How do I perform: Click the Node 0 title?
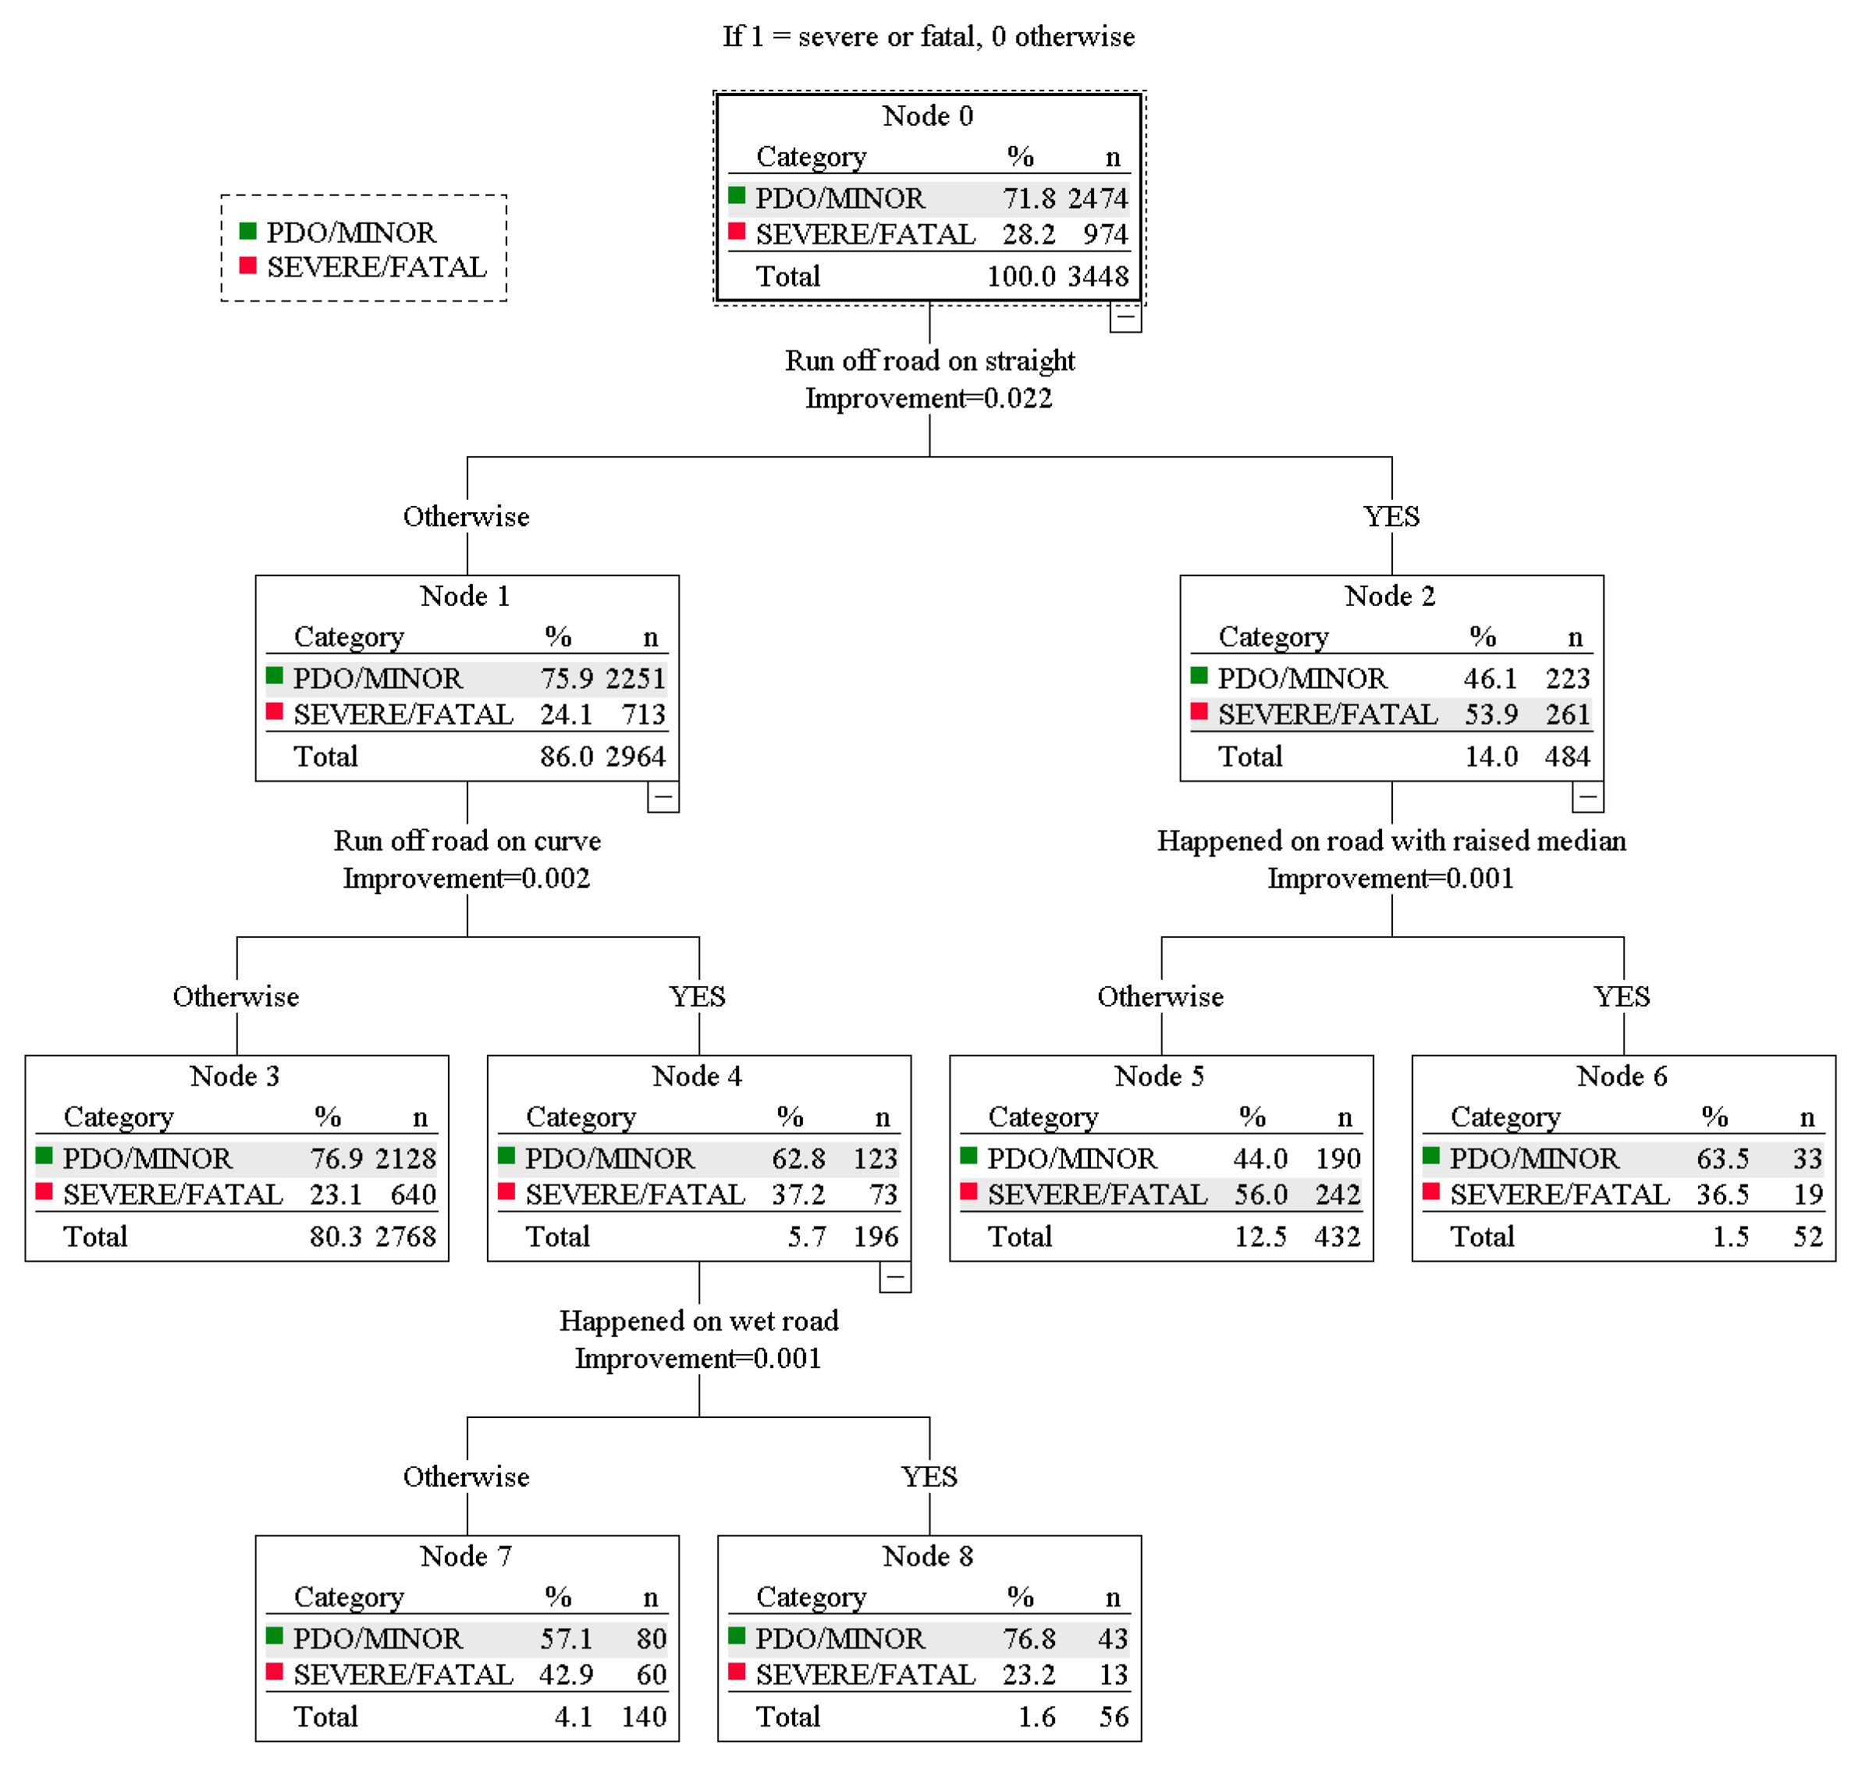(927, 116)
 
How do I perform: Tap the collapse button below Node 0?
(1125, 317)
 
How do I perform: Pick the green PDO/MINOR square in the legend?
(248, 231)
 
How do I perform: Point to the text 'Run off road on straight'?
(929, 361)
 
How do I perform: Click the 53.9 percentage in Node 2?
(1491, 714)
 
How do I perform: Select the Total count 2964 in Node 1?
(635, 757)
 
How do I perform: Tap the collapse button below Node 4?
(894, 1277)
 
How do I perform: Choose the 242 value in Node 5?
(1338, 1194)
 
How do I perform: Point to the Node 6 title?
(1622, 1076)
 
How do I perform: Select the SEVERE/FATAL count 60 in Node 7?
(651, 1675)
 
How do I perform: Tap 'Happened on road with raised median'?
(1391, 841)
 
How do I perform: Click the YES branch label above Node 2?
(1391, 517)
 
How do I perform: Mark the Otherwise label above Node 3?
(236, 996)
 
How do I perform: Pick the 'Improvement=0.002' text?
(466, 878)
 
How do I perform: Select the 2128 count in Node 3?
(405, 1158)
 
